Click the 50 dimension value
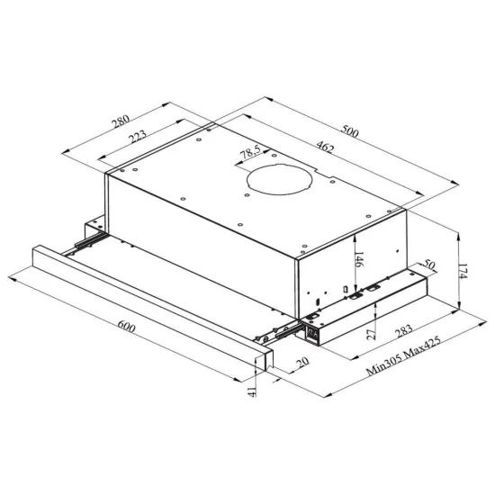[x=428, y=264]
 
